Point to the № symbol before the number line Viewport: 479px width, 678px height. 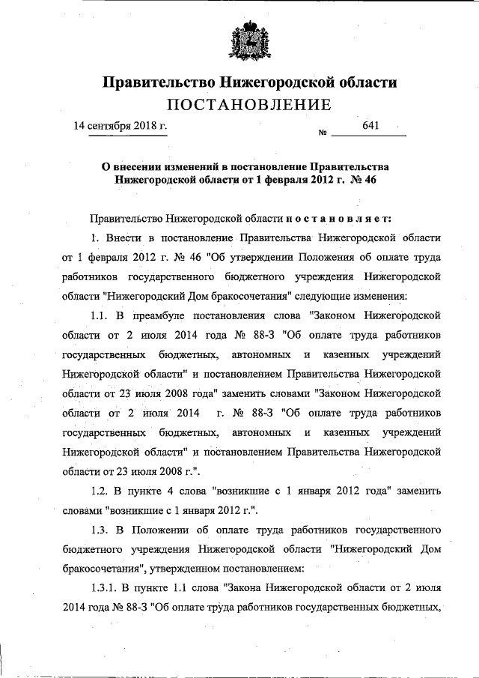[324, 134]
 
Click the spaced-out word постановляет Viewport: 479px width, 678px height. [339, 218]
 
